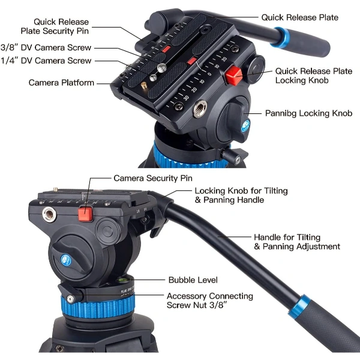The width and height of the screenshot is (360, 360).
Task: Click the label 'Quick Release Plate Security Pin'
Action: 55,26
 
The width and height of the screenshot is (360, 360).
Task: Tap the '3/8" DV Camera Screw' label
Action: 46,47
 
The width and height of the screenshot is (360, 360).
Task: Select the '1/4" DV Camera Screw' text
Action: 46,61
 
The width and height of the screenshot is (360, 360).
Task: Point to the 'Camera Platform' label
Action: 61,83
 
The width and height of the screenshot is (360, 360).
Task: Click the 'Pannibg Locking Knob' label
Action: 308,113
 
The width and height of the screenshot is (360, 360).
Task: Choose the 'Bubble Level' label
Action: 193,280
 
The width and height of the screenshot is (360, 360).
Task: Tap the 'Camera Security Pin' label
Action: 153,178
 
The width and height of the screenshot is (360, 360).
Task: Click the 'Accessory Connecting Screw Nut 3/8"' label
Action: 210,301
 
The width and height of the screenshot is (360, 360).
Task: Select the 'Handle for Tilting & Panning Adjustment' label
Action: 297,242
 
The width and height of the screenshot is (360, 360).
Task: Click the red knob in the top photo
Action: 233,76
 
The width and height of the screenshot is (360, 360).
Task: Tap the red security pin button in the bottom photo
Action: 85,214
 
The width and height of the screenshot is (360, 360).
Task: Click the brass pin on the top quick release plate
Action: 144,86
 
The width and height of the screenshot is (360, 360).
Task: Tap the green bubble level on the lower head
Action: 122,280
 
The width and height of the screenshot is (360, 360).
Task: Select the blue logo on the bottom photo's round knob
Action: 66,260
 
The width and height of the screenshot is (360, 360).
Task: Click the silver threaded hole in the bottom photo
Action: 49,214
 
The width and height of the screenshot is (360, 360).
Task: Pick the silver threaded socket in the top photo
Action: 200,109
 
